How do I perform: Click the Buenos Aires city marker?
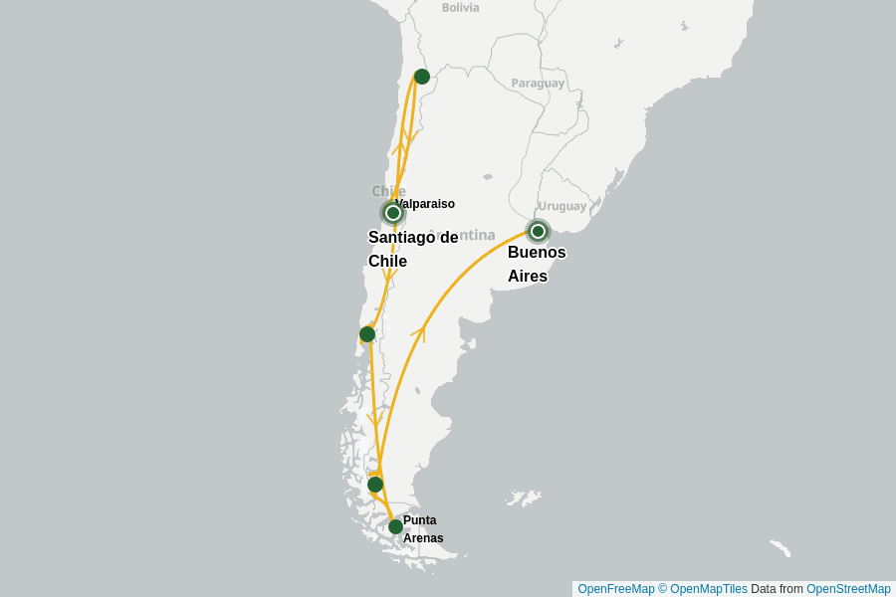point(538,231)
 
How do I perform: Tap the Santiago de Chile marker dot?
point(393,213)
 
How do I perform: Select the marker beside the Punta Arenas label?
point(395,526)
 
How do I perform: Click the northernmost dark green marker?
point(421,77)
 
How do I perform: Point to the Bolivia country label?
point(460,8)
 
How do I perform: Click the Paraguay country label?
point(538,84)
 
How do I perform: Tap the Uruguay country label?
point(562,206)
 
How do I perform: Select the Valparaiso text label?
point(425,204)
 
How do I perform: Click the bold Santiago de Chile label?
point(412,249)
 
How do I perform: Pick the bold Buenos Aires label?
point(537,264)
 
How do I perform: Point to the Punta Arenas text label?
point(422,529)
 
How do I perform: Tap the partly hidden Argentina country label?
point(468,236)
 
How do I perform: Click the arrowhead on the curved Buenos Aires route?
point(419,331)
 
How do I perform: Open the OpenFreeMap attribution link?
point(615,589)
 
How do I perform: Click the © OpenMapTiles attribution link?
point(703,589)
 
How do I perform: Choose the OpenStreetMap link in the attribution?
point(848,589)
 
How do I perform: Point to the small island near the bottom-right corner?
point(781,548)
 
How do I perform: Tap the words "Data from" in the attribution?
point(777,589)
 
